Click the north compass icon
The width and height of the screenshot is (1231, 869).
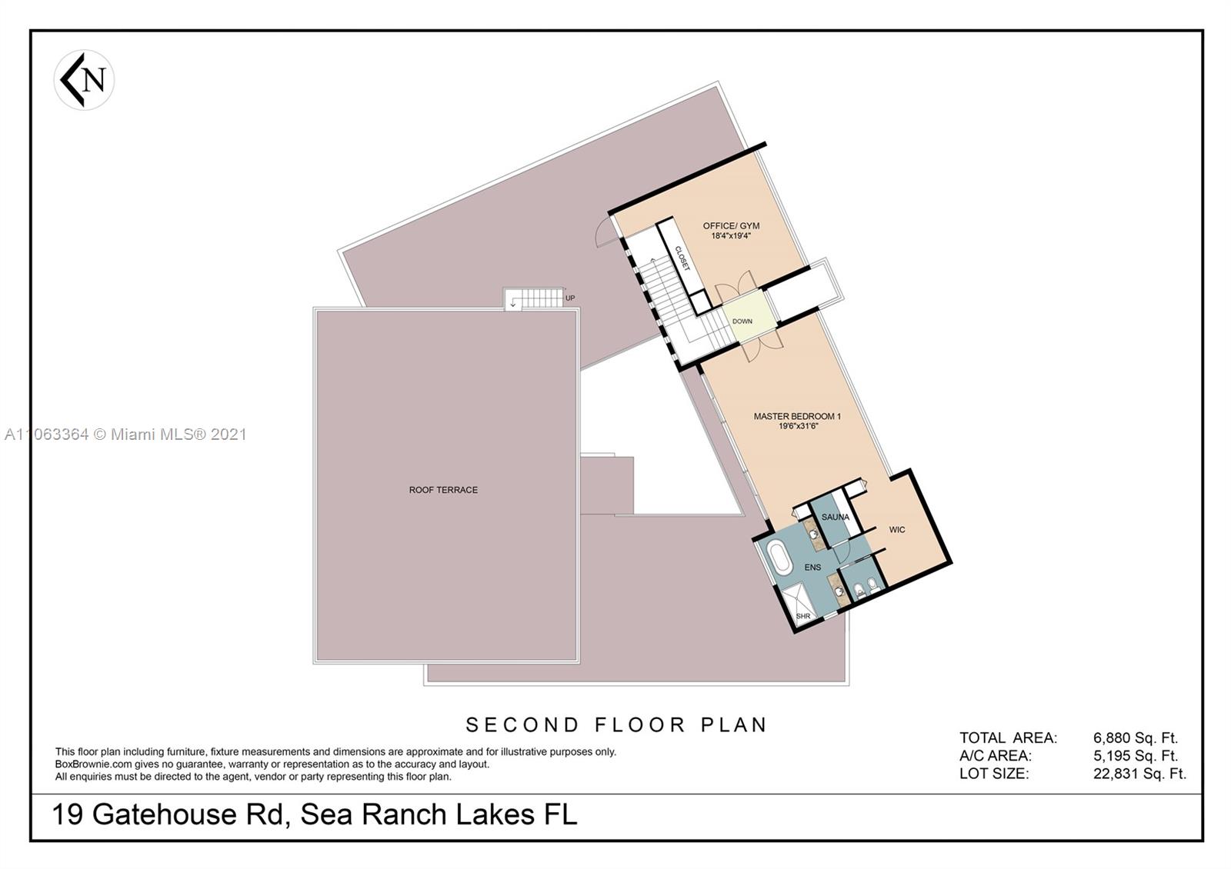(85, 80)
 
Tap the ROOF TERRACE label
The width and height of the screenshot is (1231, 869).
(443, 490)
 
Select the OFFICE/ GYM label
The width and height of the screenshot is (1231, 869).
(731, 226)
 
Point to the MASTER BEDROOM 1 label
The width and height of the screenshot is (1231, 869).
(797, 416)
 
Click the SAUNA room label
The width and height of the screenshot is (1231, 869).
(835, 518)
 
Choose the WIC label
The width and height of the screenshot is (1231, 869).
(897, 530)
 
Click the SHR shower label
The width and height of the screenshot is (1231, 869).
(803, 616)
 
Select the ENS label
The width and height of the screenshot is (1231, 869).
(812, 568)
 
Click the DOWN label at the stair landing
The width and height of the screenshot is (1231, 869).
(742, 321)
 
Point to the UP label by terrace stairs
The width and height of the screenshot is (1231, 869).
(570, 298)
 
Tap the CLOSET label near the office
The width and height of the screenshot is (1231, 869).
(682, 258)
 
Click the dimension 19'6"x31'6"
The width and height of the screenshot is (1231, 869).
(797, 425)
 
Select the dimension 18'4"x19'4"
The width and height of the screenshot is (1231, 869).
(731, 236)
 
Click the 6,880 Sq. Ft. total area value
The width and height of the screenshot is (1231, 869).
(1136, 738)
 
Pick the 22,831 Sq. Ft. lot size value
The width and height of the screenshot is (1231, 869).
(1139, 774)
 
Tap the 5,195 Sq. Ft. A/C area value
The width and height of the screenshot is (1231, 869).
(1136, 756)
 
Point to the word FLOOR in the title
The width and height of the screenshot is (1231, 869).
(640, 725)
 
